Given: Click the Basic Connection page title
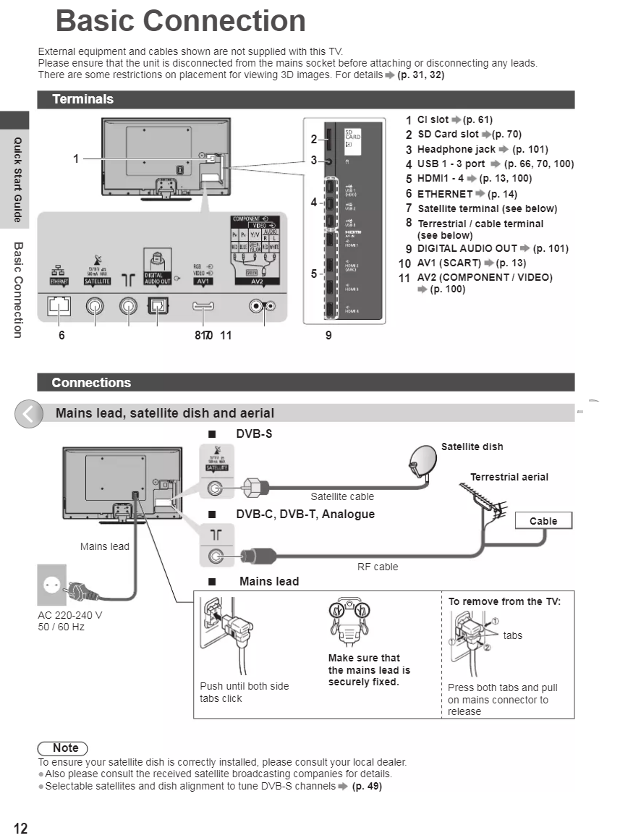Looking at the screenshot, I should tap(180, 21).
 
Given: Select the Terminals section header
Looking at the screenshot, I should tap(82, 99).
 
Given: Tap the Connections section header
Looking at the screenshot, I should tap(91, 382).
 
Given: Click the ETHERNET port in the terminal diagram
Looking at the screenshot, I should tap(59, 306).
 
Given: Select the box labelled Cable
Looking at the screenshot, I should tap(543, 521).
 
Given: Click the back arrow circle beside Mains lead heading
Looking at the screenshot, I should tap(29, 414).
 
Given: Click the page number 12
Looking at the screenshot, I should tap(20, 829).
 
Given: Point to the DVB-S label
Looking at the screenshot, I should tap(254, 433).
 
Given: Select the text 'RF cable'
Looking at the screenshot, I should tap(378, 567).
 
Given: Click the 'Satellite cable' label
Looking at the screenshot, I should tap(342, 496).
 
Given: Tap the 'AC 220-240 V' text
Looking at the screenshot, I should tap(70, 615).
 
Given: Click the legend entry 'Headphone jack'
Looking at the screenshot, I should tap(456, 149).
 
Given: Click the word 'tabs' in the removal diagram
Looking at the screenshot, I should tap(512, 635).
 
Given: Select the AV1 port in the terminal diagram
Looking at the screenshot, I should tap(203, 306).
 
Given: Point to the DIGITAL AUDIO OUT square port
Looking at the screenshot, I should tap(157, 306).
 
